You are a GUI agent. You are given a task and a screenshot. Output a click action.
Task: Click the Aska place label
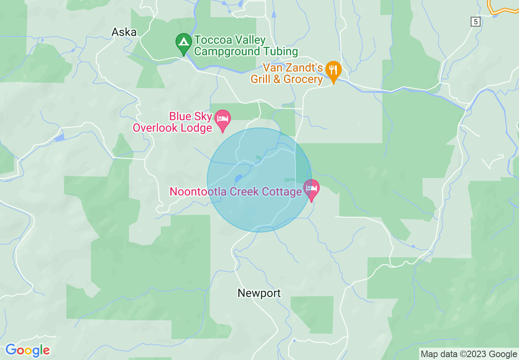(x=124, y=32)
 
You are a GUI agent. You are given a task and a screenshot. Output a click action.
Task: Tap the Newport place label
(x=259, y=293)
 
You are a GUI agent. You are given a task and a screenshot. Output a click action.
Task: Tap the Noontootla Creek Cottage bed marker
(x=311, y=189)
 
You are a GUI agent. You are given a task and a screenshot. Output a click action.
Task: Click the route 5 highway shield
(x=475, y=22)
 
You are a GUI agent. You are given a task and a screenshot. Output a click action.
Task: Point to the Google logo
(x=28, y=350)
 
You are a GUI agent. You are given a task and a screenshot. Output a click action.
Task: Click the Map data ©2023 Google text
(x=469, y=354)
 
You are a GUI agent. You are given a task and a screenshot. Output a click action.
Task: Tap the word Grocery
(x=303, y=79)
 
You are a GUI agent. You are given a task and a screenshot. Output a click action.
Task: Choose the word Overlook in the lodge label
(x=155, y=128)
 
